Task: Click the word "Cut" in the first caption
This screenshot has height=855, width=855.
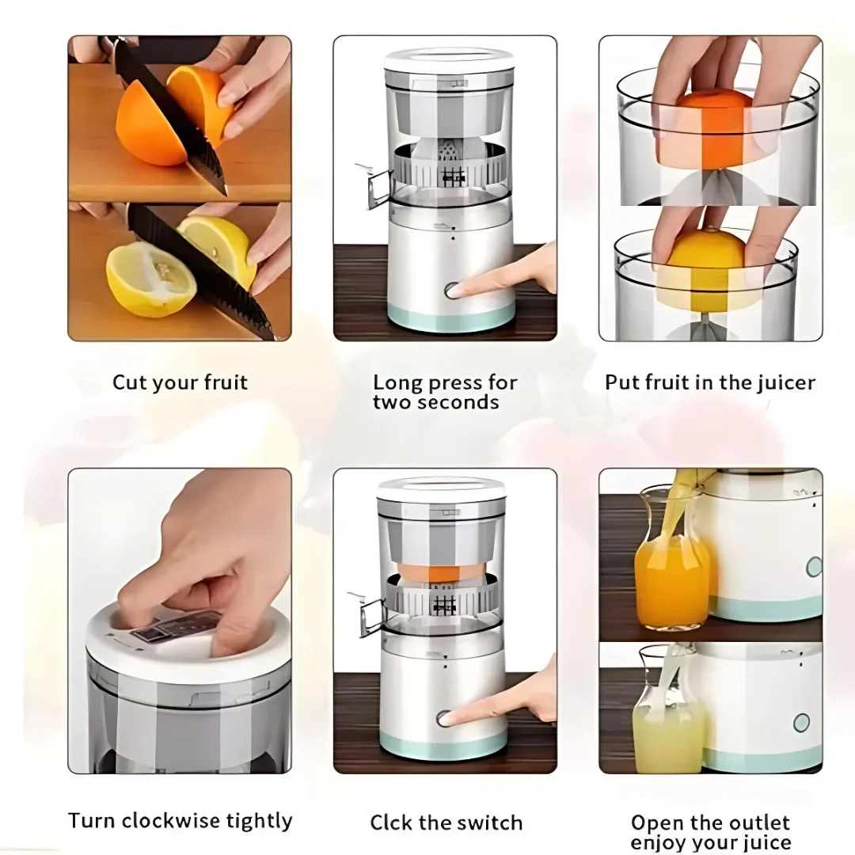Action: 129,382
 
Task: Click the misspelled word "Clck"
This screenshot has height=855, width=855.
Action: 392,823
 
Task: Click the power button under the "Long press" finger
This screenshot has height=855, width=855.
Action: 452,291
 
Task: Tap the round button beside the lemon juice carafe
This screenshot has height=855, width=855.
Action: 801,723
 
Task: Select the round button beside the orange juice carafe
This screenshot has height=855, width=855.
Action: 814,567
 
